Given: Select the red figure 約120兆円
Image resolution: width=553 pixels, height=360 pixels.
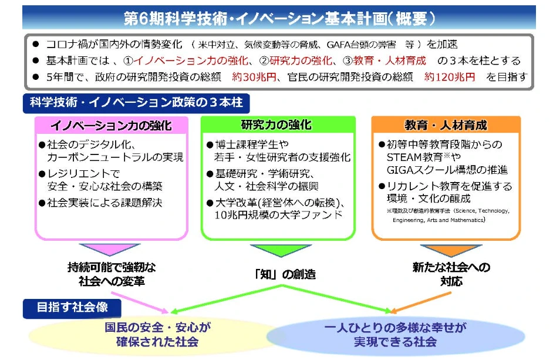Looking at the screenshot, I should [x=450, y=77].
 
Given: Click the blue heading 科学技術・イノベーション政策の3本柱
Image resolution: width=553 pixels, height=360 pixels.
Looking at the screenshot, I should [x=136, y=103].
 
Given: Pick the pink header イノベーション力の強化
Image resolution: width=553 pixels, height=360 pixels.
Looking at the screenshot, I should [x=111, y=126].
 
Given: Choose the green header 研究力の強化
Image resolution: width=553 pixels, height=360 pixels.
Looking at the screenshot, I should [x=276, y=125].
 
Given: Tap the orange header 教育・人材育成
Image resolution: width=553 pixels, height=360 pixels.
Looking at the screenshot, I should [x=446, y=126].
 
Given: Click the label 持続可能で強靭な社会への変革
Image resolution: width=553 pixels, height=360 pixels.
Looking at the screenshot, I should [x=111, y=274].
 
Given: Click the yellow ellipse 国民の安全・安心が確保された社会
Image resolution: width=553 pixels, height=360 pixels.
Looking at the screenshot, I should [x=156, y=334].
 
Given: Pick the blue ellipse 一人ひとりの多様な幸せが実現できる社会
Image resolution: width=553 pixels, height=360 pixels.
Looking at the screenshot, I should [x=396, y=334].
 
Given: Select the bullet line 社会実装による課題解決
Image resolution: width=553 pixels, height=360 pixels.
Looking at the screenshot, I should [x=104, y=203].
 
